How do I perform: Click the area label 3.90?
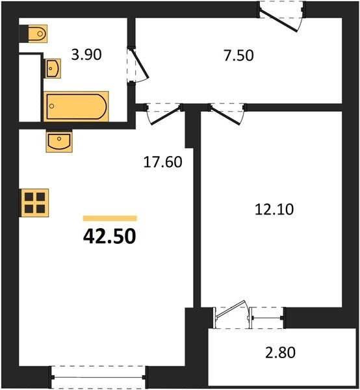86,55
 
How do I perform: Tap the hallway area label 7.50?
238,55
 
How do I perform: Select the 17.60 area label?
163,162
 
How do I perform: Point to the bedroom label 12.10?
274,209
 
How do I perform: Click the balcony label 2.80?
280,352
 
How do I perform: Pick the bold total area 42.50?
110,237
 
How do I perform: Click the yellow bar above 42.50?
110,218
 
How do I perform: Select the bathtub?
76,107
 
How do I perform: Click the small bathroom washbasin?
53,68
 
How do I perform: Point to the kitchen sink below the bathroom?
59,142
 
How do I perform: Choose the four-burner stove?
34,203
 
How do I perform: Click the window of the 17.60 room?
99,377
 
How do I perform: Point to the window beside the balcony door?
267,318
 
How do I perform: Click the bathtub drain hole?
52,106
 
